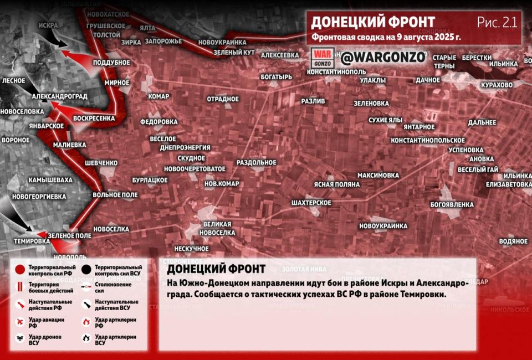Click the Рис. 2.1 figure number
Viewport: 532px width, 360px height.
[x=497, y=22]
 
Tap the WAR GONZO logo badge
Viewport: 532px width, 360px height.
[x=322, y=57]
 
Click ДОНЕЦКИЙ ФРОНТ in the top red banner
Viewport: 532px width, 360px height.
[x=372, y=22]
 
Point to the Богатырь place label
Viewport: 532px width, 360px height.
[x=276, y=77]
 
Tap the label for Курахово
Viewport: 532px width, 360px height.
[x=497, y=85]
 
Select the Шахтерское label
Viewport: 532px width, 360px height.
[x=311, y=203]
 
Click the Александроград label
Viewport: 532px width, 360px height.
[x=59, y=96]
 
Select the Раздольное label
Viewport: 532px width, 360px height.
[x=256, y=162]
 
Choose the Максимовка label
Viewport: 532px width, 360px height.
[x=378, y=176]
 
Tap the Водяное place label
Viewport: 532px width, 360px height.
[x=513, y=241]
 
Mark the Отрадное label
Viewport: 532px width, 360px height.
[x=222, y=99]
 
